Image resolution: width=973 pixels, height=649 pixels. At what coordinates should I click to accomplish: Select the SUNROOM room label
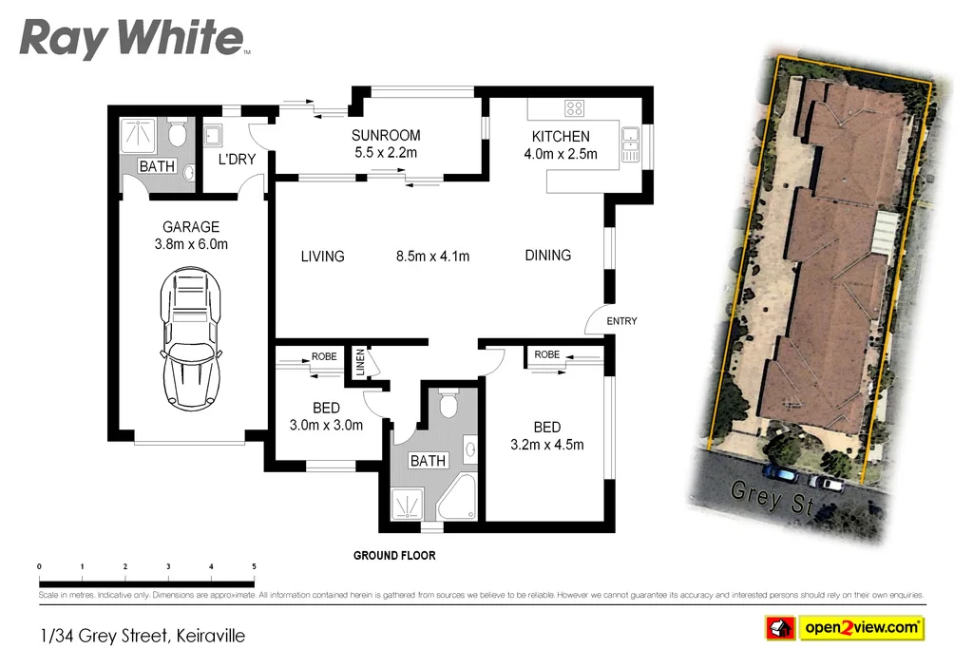pyautogui.click(x=385, y=135)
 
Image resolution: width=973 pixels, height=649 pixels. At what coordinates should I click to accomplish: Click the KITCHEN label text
pyautogui.click(x=561, y=137)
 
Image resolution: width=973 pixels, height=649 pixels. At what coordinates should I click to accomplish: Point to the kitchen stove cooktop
pyautogui.click(x=575, y=107)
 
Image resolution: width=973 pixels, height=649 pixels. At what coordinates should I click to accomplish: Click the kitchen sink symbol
pyautogui.click(x=631, y=143)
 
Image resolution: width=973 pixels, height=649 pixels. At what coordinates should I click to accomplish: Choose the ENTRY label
pyautogui.click(x=621, y=321)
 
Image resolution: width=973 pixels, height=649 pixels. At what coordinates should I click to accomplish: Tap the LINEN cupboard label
pyautogui.click(x=360, y=362)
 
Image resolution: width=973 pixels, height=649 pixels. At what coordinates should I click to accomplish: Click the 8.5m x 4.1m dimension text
pyautogui.click(x=432, y=256)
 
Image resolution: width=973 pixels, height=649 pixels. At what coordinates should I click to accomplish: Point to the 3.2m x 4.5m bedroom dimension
pyautogui.click(x=546, y=444)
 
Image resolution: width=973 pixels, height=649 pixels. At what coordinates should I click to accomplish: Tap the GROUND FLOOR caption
pyautogui.click(x=393, y=555)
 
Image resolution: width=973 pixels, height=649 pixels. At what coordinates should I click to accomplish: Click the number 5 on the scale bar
pyautogui.click(x=254, y=566)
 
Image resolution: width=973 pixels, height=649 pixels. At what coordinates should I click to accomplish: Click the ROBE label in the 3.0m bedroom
pyautogui.click(x=324, y=357)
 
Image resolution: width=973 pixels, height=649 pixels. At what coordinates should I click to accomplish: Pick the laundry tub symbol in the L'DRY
pyautogui.click(x=213, y=135)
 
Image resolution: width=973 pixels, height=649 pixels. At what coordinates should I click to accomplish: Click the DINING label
pyautogui.click(x=547, y=255)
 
